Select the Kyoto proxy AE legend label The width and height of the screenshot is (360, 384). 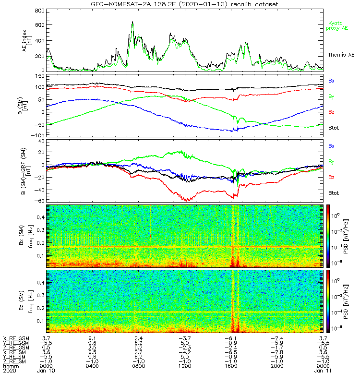click(x=339, y=25)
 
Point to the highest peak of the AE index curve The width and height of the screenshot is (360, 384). click(x=132, y=22)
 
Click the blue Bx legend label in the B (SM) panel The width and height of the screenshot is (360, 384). click(x=331, y=81)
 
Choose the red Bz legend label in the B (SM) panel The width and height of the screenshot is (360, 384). click(x=331, y=112)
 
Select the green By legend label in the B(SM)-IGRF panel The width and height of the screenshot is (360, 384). click(x=331, y=161)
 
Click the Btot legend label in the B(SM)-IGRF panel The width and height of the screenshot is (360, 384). click(x=334, y=193)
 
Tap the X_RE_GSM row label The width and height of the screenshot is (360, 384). click(x=16, y=339)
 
